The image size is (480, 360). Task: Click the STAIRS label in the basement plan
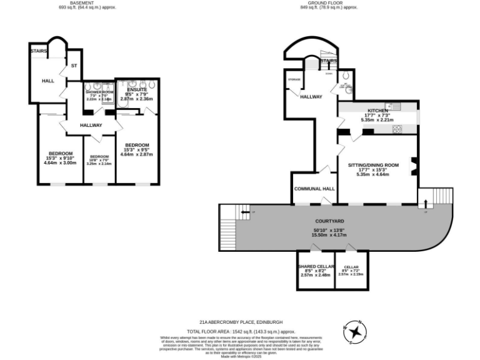(x=38, y=51)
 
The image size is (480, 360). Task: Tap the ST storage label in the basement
(x=74, y=65)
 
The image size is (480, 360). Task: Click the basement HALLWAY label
(x=91, y=125)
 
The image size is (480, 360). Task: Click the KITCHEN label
(x=377, y=111)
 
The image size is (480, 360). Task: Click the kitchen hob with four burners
(x=396, y=129)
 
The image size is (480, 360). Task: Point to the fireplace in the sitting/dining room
(x=412, y=166)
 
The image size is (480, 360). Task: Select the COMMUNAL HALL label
(x=314, y=188)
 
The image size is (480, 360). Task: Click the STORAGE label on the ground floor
(x=294, y=79)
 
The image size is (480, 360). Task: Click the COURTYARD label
(x=329, y=221)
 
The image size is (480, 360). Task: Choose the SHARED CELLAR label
(x=316, y=266)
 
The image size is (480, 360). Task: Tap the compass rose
(x=355, y=331)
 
